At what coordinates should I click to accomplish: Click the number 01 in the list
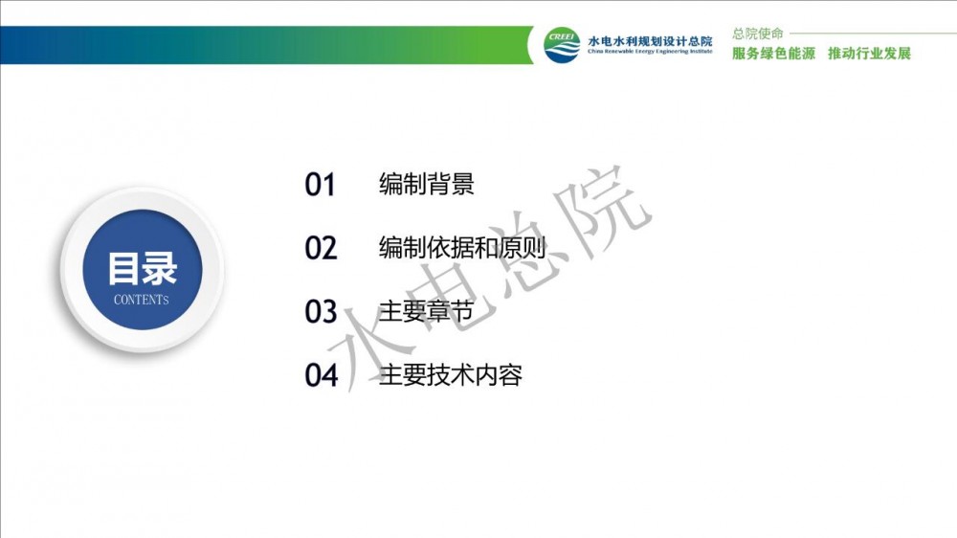click(320, 185)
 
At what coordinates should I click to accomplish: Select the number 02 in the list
click(321, 248)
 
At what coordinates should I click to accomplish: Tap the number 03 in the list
click(321, 311)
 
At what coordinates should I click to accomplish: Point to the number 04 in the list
click(321, 375)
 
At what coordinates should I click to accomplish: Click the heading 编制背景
click(426, 184)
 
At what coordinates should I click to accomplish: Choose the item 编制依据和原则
click(461, 247)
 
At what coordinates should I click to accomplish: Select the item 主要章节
click(426, 311)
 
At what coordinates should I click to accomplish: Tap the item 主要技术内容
click(450, 374)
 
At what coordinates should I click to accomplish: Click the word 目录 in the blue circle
click(143, 268)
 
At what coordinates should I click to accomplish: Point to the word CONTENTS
click(141, 300)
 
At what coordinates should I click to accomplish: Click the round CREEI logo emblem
click(562, 45)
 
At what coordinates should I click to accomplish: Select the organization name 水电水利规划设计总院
click(650, 41)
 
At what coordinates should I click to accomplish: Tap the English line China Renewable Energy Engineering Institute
click(650, 52)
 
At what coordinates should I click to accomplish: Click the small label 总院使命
click(757, 34)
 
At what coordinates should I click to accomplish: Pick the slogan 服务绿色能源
click(773, 54)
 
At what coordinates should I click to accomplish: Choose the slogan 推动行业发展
click(869, 54)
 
